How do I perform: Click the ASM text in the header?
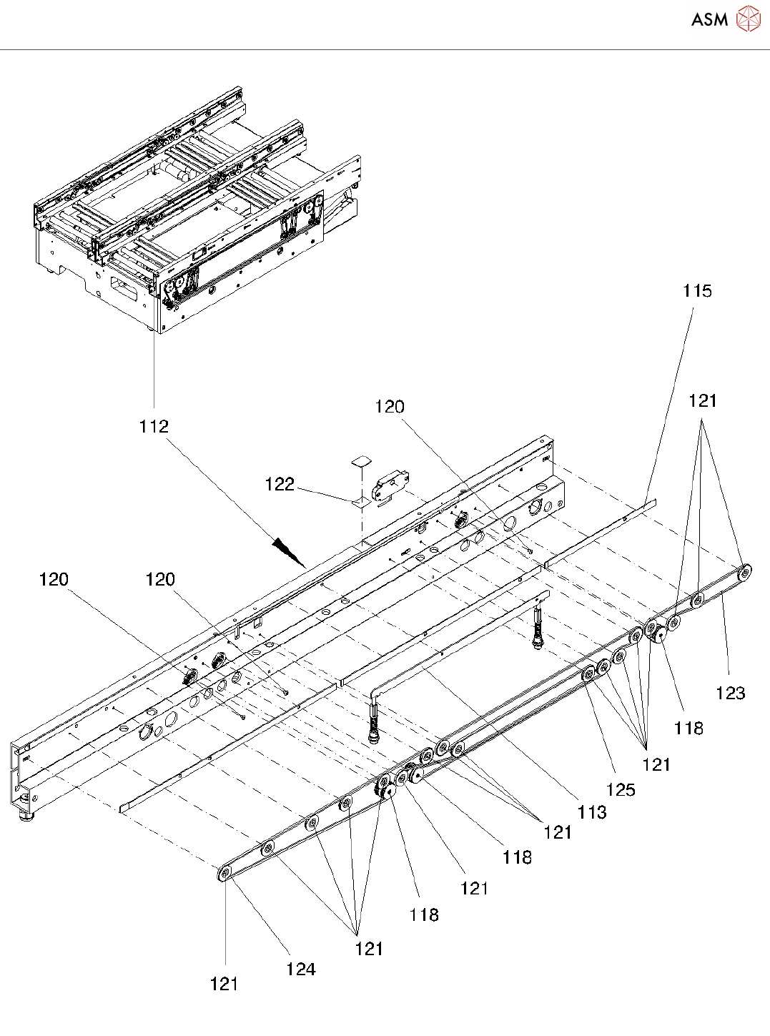[x=709, y=20]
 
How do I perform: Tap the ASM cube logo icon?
[x=748, y=19]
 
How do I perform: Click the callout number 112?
[x=154, y=427]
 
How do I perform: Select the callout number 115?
[x=697, y=291]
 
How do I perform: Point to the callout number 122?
[x=280, y=485]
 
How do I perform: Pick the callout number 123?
[x=730, y=693]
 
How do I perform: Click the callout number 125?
[x=621, y=789]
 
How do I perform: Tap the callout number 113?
[x=592, y=812]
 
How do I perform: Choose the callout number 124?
[x=300, y=970]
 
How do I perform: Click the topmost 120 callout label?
[x=390, y=407]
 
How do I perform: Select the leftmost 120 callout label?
[x=54, y=579]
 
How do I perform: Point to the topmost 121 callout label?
[x=702, y=401]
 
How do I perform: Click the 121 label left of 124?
[x=224, y=985]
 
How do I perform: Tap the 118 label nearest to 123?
[x=688, y=729]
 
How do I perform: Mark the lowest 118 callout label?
[x=424, y=914]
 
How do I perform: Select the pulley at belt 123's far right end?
[x=745, y=571]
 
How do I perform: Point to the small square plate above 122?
[x=362, y=460]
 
